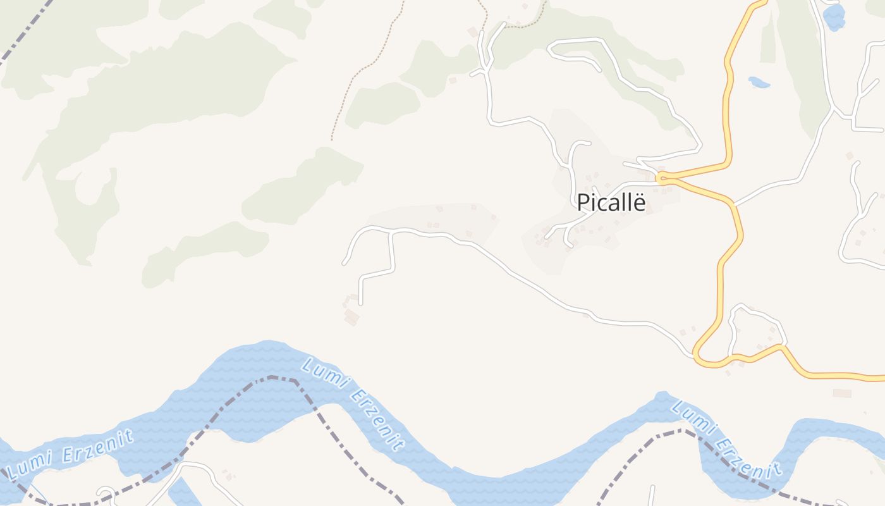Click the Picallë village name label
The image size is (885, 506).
(x=611, y=202)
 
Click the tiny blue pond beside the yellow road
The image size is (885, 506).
(x=758, y=82)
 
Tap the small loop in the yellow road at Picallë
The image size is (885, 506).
(x=661, y=178)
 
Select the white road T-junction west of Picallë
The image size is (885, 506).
(x=391, y=233)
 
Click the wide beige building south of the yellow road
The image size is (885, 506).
(x=841, y=393)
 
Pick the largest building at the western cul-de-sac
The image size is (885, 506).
(x=351, y=316)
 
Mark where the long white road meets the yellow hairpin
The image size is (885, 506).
(x=693, y=354)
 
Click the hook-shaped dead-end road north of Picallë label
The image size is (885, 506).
(x=575, y=152)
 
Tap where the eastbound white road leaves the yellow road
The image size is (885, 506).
(x=735, y=204)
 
